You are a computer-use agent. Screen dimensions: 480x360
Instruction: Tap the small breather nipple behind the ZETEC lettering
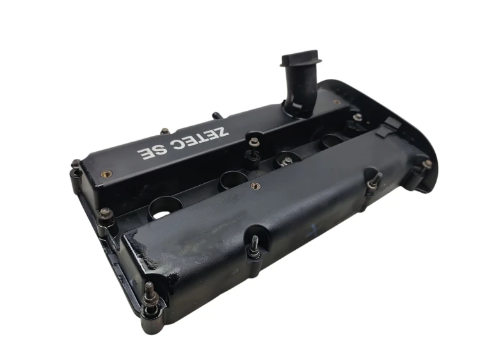point(218,116)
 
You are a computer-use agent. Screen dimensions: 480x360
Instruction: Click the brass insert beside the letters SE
point(106,174)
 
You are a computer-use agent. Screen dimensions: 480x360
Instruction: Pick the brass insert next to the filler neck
point(337,102)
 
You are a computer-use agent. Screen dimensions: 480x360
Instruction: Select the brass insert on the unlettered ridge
point(255,185)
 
